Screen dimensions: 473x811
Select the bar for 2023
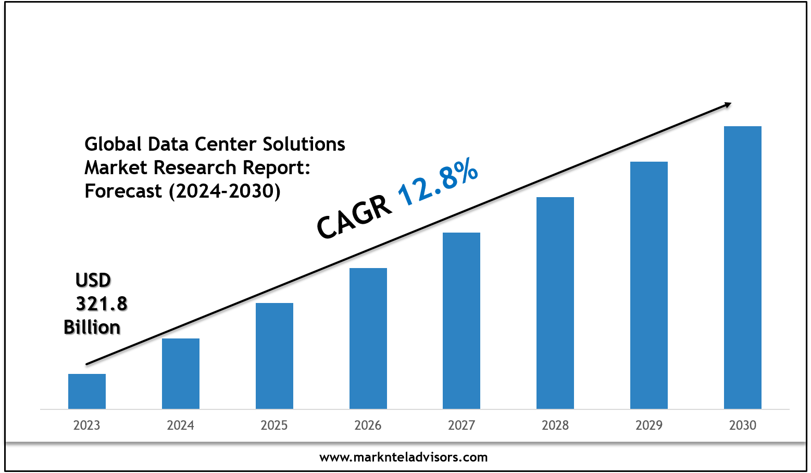[x=87, y=391]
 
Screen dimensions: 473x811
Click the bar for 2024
[x=181, y=373]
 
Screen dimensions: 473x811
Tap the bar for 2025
[x=275, y=356]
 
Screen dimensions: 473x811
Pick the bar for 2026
[x=368, y=338]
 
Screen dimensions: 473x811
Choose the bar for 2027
[x=461, y=320]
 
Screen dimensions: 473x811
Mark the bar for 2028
[x=555, y=302]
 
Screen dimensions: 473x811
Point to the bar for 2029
[x=649, y=285]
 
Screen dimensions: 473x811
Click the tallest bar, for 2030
[x=743, y=267]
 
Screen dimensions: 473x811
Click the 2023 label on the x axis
[x=87, y=426]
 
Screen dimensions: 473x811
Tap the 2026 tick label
[x=368, y=426]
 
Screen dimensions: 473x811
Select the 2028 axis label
[x=555, y=426]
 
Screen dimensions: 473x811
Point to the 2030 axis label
[x=743, y=426]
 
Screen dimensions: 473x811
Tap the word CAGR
[x=354, y=217]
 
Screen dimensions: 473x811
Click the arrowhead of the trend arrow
[x=728, y=105]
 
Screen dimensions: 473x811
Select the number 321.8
[x=102, y=304]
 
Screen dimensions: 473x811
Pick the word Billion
[x=92, y=328]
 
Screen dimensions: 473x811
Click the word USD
[x=93, y=281]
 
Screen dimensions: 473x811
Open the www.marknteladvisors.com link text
[x=404, y=457]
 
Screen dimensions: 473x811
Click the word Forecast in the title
[x=123, y=191]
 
